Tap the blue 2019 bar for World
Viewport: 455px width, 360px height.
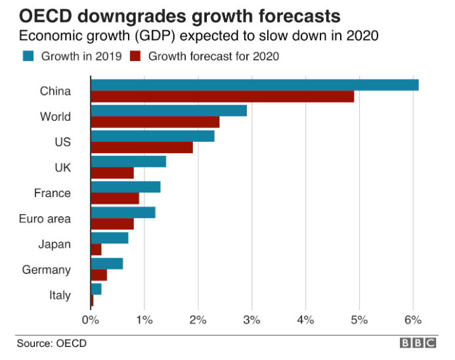169,110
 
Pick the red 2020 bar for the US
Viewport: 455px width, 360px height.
142,148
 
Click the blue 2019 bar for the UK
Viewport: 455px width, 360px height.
128,162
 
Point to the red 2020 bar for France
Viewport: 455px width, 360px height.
115,198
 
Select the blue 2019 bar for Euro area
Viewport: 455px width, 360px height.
123,212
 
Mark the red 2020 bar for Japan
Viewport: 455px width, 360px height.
96,250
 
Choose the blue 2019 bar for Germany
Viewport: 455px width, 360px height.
106,263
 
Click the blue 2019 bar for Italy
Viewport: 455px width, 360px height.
96,289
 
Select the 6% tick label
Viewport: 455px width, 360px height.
412,320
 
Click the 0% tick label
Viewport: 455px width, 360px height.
90,320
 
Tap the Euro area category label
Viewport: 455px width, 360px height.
45,219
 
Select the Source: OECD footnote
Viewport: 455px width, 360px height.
51,343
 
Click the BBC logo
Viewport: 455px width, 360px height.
418,343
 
